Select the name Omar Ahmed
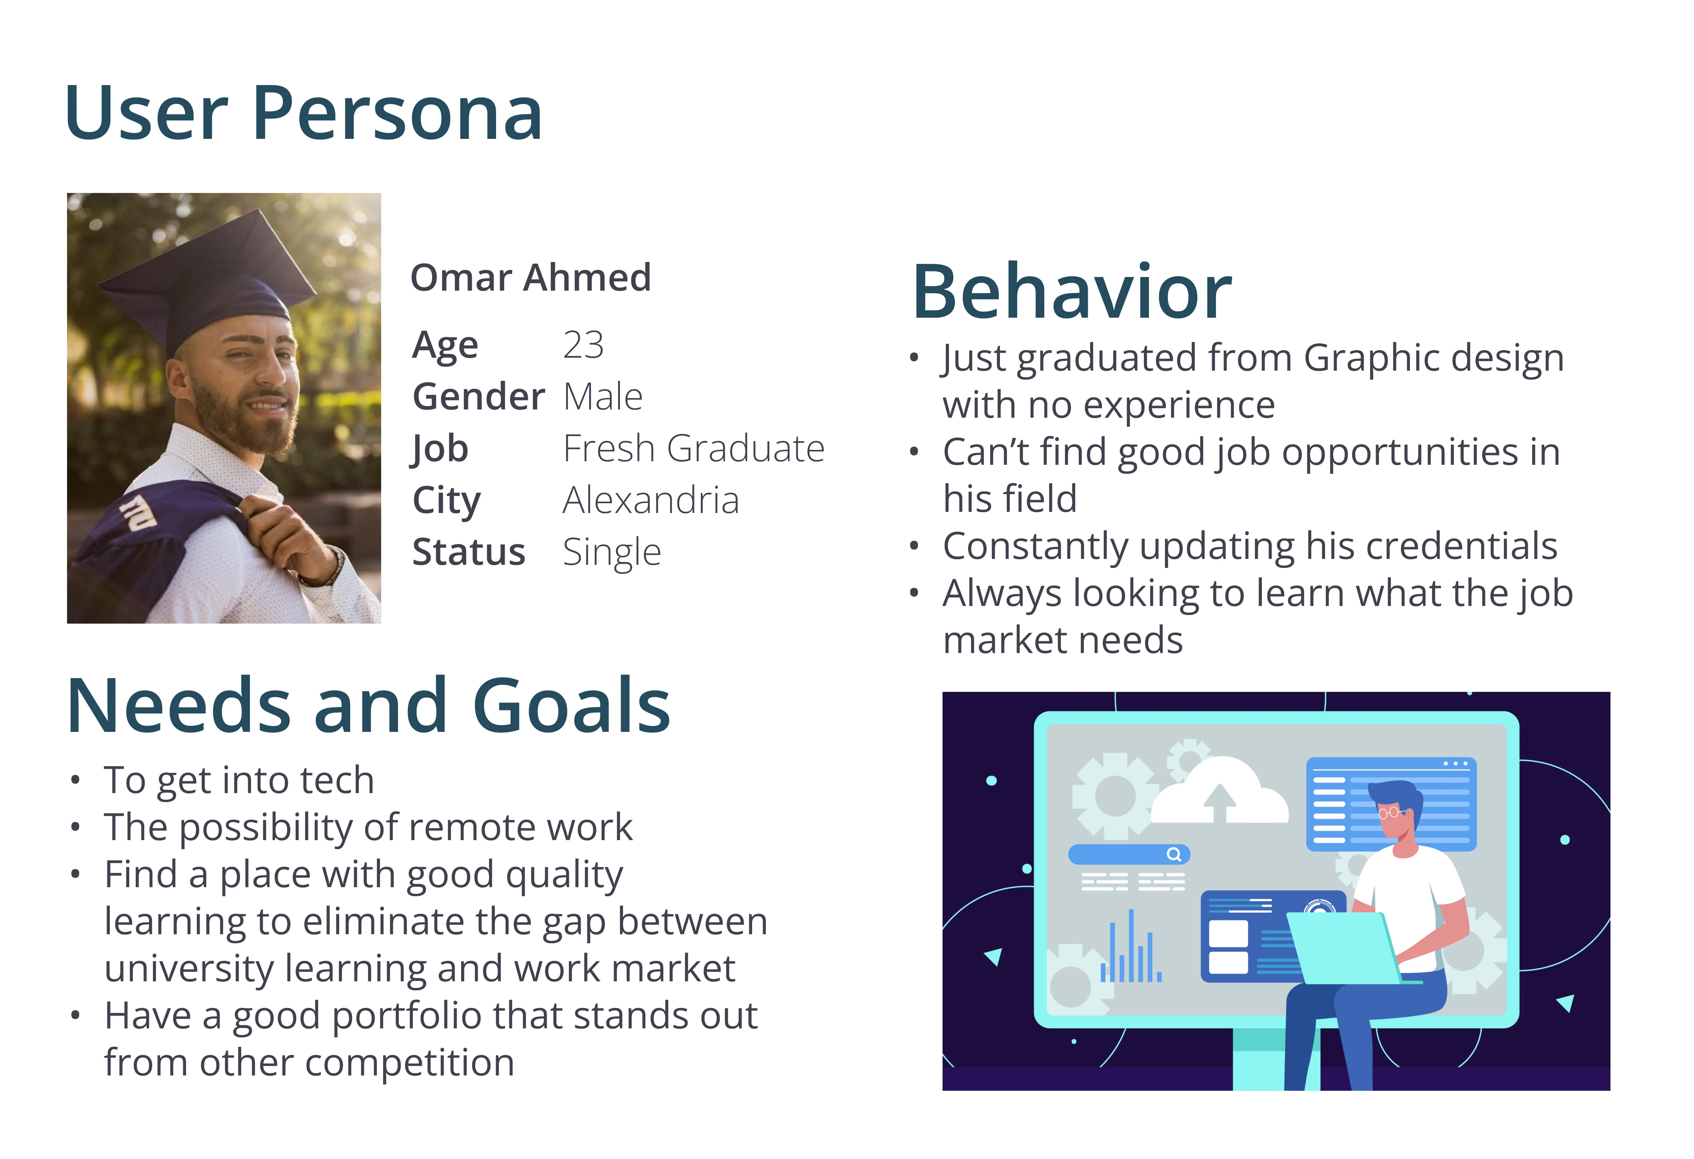click(531, 278)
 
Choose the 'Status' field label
click(469, 552)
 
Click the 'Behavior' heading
click(1072, 291)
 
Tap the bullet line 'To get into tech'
click(239, 780)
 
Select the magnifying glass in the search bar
click(1174, 854)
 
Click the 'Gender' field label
click(478, 397)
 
